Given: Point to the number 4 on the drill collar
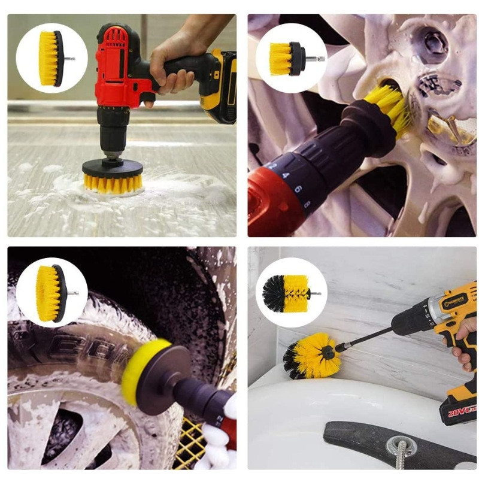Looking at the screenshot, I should coord(286,175).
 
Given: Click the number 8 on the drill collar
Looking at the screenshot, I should coord(307,204).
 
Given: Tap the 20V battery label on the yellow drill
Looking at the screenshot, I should coord(460,410).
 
